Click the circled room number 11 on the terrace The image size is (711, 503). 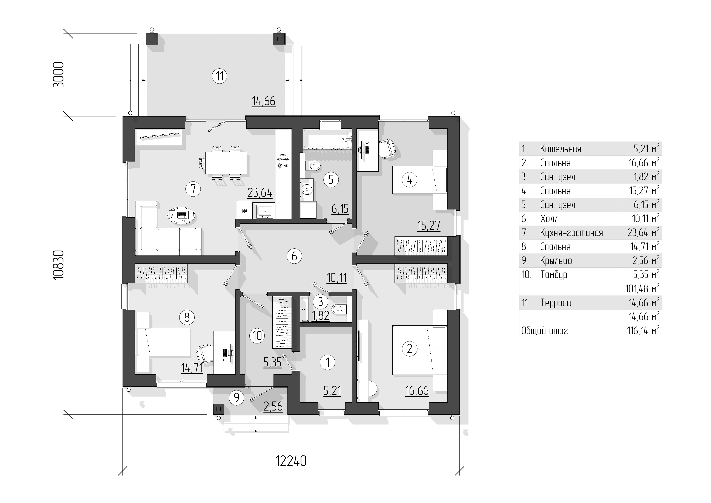[x=220, y=76]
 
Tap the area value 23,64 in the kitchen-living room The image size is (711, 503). [x=260, y=193]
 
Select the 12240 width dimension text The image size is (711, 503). [x=291, y=461]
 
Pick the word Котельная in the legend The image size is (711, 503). [x=561, y=149]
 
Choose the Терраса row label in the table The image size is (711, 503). [x=556, y=303]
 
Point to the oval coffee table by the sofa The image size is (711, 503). [x=182, y=215]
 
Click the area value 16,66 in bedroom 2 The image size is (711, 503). [x=417, y=391]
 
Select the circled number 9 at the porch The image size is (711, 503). [x=236, y=397]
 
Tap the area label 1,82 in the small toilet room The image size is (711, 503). [x=320, y=316]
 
